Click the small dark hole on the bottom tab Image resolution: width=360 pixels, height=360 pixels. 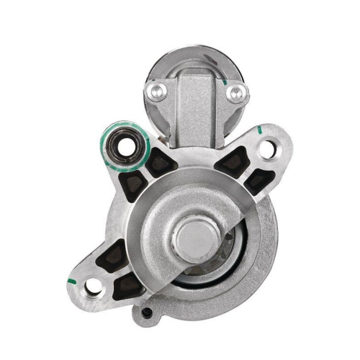147,313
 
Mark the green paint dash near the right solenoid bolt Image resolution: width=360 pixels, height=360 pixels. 230,81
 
